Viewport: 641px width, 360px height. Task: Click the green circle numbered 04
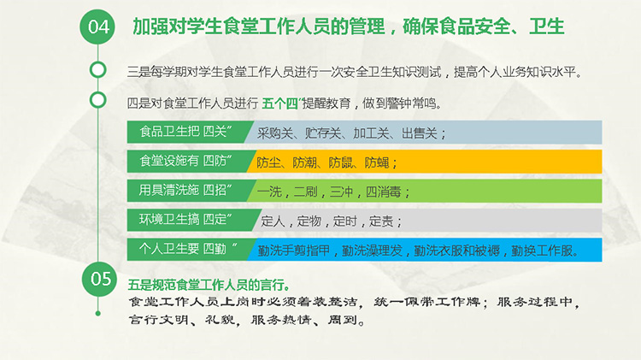point(97,27)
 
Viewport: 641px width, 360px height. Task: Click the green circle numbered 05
point(99,279)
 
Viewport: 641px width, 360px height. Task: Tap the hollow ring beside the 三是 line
point(97,70)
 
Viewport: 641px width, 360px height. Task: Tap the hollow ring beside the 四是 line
point(97,100)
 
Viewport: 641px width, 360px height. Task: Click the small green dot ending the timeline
point(97,313)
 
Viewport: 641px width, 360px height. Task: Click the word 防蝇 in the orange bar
point(377,162)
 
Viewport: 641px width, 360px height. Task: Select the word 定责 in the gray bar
point(381,221)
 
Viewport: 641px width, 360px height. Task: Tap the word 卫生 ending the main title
point(547,27)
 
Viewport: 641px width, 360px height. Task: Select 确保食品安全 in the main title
point(456,27)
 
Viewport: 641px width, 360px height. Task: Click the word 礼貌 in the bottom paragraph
point(220,320)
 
